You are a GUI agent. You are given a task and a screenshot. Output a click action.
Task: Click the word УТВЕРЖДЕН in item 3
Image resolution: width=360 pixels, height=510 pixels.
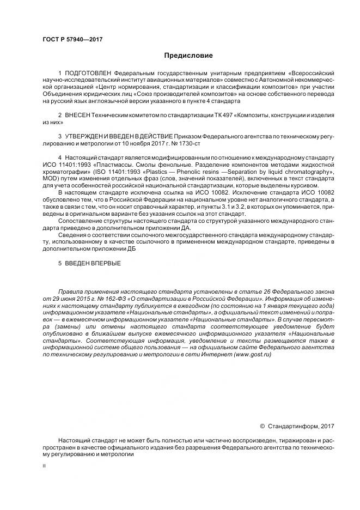85,133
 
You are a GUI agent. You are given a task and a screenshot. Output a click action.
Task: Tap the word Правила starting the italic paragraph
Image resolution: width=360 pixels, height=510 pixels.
70,292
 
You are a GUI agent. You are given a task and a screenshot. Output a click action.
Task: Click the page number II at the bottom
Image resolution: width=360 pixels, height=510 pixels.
45,466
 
